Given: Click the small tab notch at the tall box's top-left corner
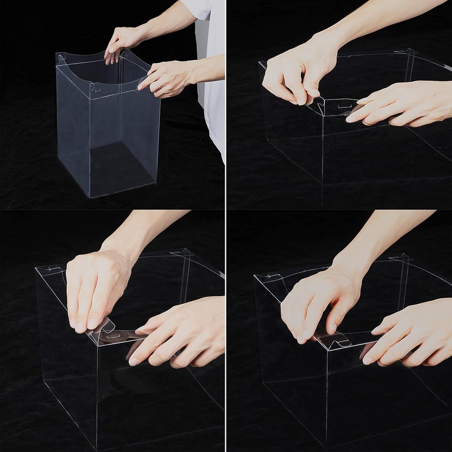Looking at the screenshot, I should [61, 57].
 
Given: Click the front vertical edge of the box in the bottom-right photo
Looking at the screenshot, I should [327, 397].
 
